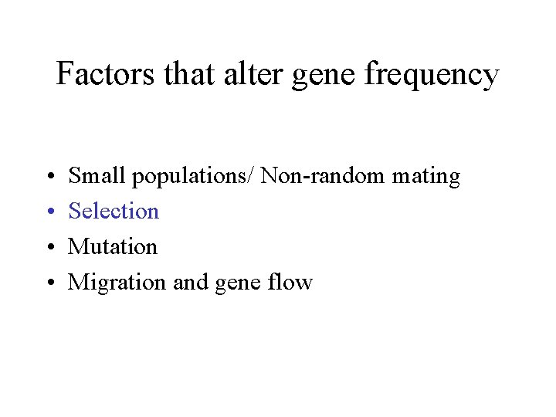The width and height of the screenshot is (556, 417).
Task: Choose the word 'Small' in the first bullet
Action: (97, 176)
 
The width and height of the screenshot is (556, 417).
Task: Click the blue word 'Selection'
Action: (114, 211)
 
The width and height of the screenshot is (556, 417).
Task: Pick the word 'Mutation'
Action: (113, 246)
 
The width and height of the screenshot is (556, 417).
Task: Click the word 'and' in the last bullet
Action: (191, 282)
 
